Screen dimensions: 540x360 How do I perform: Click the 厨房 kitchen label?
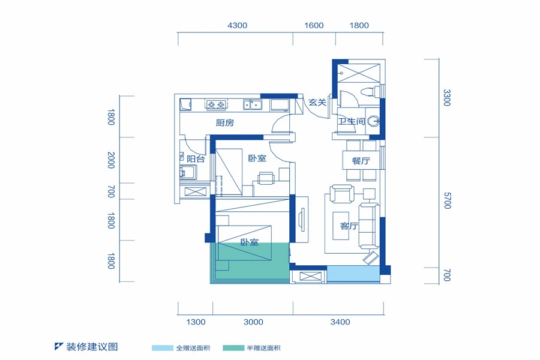click(x=224, y=122)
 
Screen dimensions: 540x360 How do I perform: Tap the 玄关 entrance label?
click(x=317, y=103)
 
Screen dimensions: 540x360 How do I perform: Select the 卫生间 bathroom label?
click(x=351, y=121)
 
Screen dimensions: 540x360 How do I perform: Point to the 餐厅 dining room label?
click(x=361, y=161)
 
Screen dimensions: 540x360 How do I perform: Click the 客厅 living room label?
click(x=349, y=226)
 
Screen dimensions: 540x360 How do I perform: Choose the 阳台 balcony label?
click(x=196, y=159)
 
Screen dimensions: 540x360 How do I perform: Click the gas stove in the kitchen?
click(x=216, y=104)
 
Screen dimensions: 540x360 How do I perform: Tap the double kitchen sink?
click(x=253, y=104)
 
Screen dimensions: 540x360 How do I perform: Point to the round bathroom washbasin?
click(x=374, y=121)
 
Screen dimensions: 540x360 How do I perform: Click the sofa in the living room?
click(x=369, y=226)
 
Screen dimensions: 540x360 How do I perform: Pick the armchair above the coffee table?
click(x=341, y=194)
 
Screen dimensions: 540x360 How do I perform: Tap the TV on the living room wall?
click(x=302, y=220)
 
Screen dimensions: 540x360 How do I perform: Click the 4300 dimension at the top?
click(x=237, y=25)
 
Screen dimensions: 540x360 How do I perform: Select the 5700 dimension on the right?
click(x=447, y=200)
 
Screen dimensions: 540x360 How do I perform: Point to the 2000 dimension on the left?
click(x=111, y=160)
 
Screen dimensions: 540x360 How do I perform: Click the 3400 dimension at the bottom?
click(x=340, y=322)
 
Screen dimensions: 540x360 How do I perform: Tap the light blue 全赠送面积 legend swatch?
click(x=163, y=348)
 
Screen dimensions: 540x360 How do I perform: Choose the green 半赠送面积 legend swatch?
click(x=233, y=348)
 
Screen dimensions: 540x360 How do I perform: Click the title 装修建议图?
click(x=92, y=347)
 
